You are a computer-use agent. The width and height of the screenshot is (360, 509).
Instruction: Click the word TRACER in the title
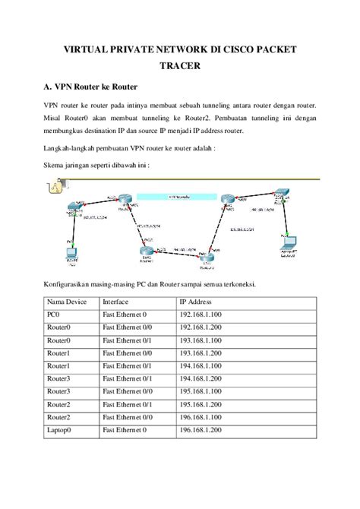[x=180, y=66]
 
